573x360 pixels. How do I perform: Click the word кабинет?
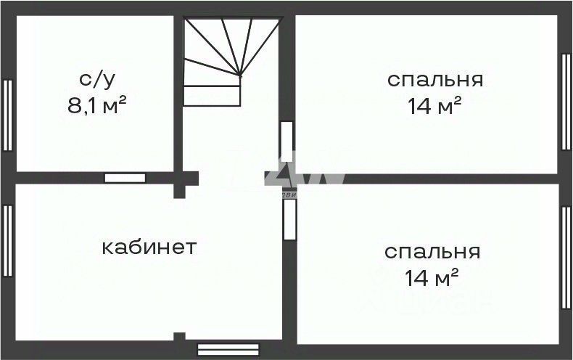(149, 247)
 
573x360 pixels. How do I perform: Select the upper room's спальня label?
(435, 79)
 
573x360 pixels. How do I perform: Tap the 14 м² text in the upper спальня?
(435, 107)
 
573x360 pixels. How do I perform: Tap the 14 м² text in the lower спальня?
(432, 277)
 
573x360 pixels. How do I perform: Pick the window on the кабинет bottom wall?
(228, 350)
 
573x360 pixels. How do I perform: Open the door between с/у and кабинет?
(125, 178)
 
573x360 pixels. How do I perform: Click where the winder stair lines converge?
(241, 75)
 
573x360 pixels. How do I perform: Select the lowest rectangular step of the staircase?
(212, 96)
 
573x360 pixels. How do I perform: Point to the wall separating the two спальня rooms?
(428, 179)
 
